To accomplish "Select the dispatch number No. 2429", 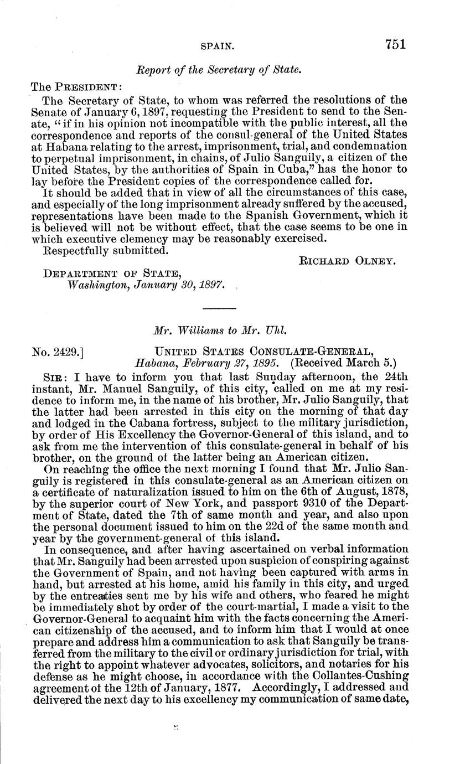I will pos(58,350).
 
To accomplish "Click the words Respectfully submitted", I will pos(105,250).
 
